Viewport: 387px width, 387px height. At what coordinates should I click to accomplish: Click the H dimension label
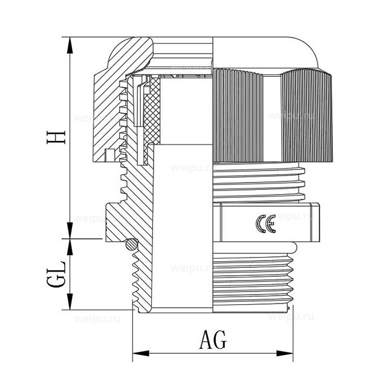(x=57, y=136)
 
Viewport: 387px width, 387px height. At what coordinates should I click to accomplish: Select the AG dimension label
(x=212, y=340)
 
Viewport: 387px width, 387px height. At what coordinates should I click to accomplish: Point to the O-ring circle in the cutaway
(x=131, y=244)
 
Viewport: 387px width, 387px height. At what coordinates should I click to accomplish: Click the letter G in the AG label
(x=220, y=340)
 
